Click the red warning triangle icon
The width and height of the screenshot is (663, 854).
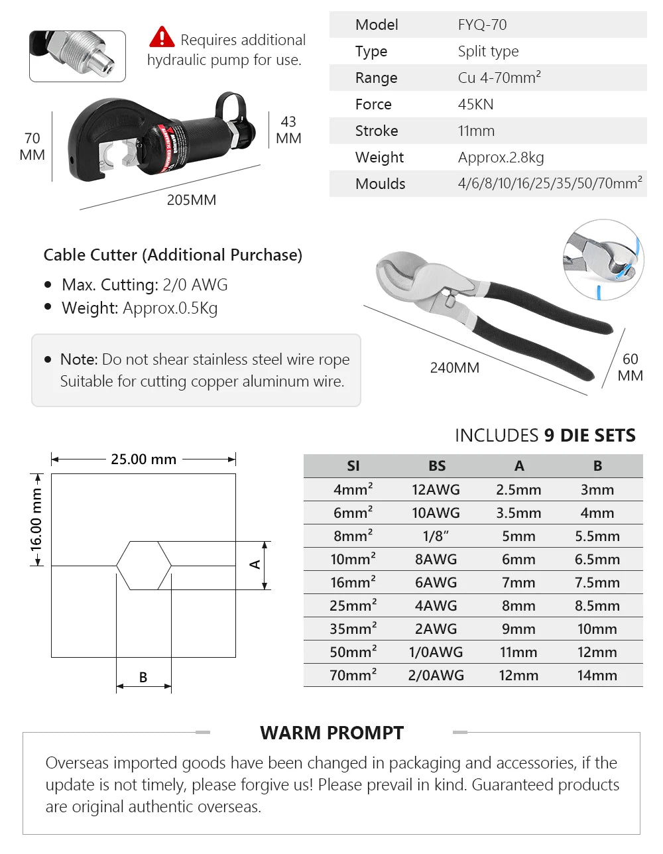(x=162, y=37)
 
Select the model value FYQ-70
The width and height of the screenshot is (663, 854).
(x=482, y=25)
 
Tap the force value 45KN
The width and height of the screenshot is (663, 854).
(x=475, y=105)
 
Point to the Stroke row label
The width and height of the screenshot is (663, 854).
(x=376, y=131)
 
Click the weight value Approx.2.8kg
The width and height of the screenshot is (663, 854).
(x=501, y=158)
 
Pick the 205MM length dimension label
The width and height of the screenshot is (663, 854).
(x=191, y=200)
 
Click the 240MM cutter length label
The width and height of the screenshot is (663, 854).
(x=454, y=368)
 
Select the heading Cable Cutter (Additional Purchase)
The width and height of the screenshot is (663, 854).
(x=172, y=255)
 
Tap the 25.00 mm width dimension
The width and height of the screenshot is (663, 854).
(x=143, y=459)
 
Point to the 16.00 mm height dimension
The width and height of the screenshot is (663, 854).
(x=36, y=520)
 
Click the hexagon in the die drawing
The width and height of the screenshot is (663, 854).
(x=144, y=566)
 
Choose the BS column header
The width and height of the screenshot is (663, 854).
(x=437, y=466)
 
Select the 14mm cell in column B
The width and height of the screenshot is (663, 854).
(x=597, y=676)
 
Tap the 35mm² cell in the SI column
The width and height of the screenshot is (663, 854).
(x=353, y=629)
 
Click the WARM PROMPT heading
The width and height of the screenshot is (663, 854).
(x=331, y=733)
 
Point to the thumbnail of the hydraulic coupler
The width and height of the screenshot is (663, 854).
(x=78, y=56)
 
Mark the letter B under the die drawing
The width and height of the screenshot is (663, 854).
(x=143, y=678)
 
